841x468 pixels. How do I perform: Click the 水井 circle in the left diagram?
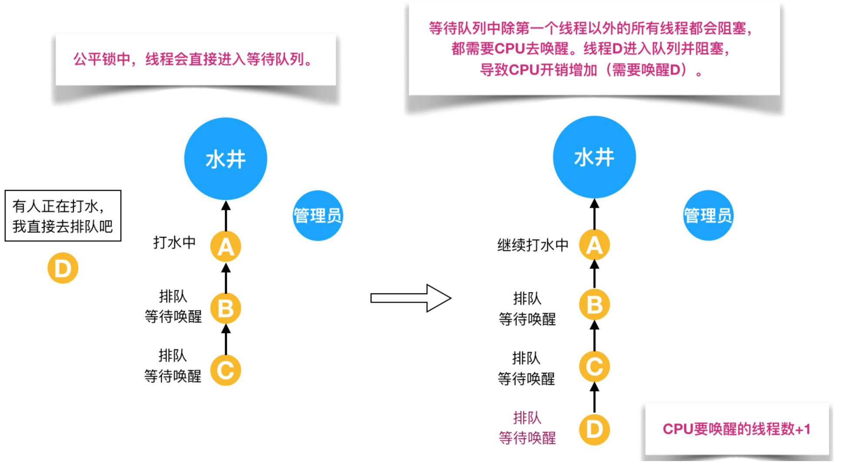226,159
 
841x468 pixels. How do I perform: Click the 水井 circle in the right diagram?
594,157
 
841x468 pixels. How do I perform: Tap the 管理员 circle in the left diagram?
318,216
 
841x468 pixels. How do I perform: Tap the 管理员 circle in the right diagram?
708,216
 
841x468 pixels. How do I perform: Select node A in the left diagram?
226,247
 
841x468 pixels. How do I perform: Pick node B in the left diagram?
226,309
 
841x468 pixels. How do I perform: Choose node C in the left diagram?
226,370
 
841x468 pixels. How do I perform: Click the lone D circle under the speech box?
63,268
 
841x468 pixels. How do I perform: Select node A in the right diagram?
594,245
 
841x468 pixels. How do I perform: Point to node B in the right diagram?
594,304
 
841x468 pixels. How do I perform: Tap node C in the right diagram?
594,366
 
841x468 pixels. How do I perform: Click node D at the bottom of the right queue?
594,429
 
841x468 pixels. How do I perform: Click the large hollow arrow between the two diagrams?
411,298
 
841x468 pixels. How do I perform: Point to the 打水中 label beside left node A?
174,242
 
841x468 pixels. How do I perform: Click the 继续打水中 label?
532,245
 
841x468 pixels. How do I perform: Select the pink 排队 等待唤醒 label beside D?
527,428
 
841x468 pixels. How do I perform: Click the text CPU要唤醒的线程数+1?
736,429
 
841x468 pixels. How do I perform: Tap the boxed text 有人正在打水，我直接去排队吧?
63,216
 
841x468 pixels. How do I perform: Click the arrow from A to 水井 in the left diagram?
226,216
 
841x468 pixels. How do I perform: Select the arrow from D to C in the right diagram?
594,398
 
